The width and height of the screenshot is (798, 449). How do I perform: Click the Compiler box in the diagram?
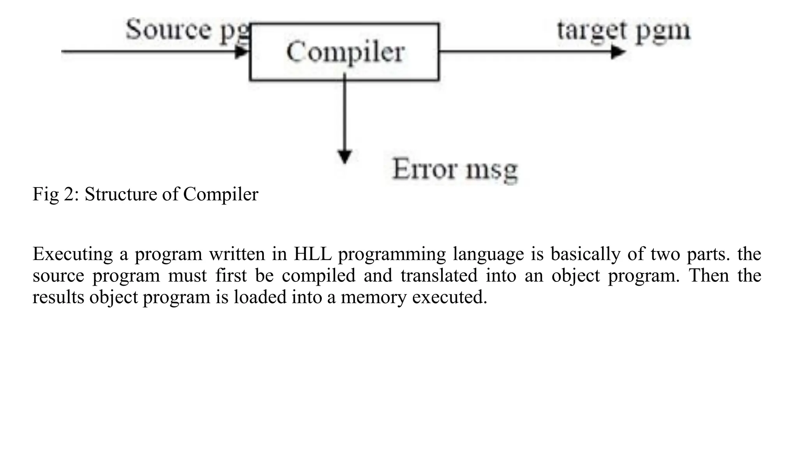click(x=344, y=52)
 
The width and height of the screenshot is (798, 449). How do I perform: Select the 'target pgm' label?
click(x=623, y=30)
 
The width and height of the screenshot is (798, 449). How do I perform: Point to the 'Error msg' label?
click(x=455, y=170)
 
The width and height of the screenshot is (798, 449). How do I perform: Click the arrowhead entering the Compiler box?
click(x=242, y=51)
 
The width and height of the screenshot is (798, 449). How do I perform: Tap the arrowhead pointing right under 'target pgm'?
click(x=618, y=51)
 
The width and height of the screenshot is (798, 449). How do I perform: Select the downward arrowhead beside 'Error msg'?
click(x=344, y=157)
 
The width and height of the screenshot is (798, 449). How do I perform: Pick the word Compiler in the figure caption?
click(x=221, y=194)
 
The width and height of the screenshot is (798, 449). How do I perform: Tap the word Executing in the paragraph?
click(x=73, y=254)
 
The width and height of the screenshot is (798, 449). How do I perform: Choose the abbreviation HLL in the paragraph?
click(x=312, y=254)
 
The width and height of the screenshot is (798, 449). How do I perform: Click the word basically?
click(x=585, y=254)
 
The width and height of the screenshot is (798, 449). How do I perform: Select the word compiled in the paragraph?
click(x=318, y=276)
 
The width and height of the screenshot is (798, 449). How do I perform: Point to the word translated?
click(x=439, y=276)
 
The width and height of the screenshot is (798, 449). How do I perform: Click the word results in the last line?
click(x=58, y=297)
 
